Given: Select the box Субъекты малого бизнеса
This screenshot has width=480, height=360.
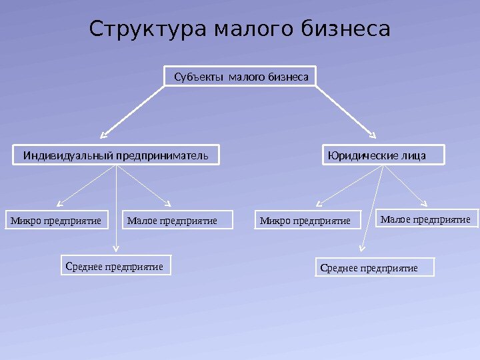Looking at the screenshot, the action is (x=241, y=77).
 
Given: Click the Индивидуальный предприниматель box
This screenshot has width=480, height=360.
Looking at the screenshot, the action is (x=117, y=156).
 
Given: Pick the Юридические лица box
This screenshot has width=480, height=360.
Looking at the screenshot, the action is (x=383, y=156).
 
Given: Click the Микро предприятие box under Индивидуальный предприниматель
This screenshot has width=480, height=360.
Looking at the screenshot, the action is (x=59, y=220).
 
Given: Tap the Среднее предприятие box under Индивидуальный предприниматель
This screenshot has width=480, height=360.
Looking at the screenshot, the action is (x=116, y=266).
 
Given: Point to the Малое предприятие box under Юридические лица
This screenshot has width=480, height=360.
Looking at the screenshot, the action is (x=427, y=219).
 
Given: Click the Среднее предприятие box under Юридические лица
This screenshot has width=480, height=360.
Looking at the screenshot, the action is (x=374, y=268).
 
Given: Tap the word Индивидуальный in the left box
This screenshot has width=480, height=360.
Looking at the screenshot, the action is (x=69, y=156).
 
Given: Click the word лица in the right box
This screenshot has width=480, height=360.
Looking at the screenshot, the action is (x=413, y=156).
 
